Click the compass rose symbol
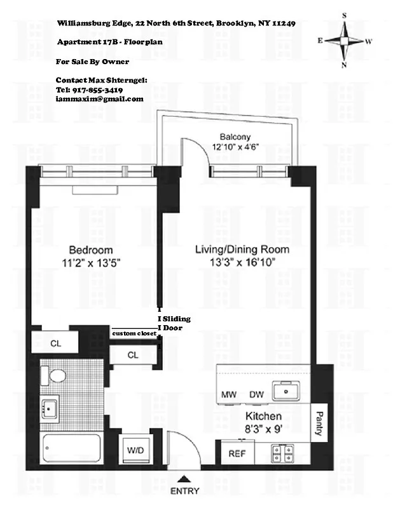[345, 40]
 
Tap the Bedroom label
[90, 250]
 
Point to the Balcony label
[235, 137]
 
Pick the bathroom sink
[49, 406]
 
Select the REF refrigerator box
[237, 454]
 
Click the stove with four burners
[283, 453]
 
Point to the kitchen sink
[289, 392]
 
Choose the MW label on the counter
[229, 395]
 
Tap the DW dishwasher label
[256, 395]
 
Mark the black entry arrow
[184, 479]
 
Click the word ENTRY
[184, 491]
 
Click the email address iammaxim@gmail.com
[99, 99]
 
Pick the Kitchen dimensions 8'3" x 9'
[263, 429]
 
